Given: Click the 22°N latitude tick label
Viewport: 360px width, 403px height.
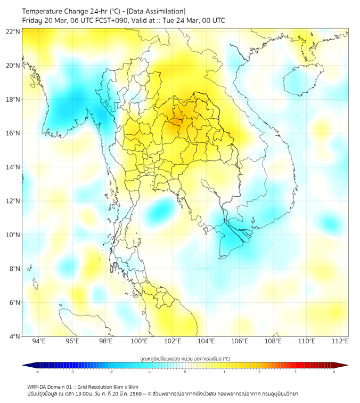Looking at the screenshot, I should click(x=13, y=32).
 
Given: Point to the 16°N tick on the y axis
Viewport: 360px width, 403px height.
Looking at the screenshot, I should click(x=13, y=133).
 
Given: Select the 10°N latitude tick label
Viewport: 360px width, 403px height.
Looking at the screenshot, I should click(x=13, y=235).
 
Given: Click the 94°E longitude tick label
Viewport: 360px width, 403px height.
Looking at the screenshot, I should click(x=39, y=341).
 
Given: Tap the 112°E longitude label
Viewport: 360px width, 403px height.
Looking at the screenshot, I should click(x=340, y=341).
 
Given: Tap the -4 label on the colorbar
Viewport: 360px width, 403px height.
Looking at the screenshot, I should click(x=37, y=372).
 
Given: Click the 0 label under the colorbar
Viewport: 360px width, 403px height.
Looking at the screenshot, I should click(x=185, y=372).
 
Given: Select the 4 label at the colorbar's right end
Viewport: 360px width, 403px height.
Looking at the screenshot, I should click(x=333, y=372).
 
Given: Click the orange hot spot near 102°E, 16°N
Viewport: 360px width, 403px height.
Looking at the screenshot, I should click(x=174, y=126).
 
